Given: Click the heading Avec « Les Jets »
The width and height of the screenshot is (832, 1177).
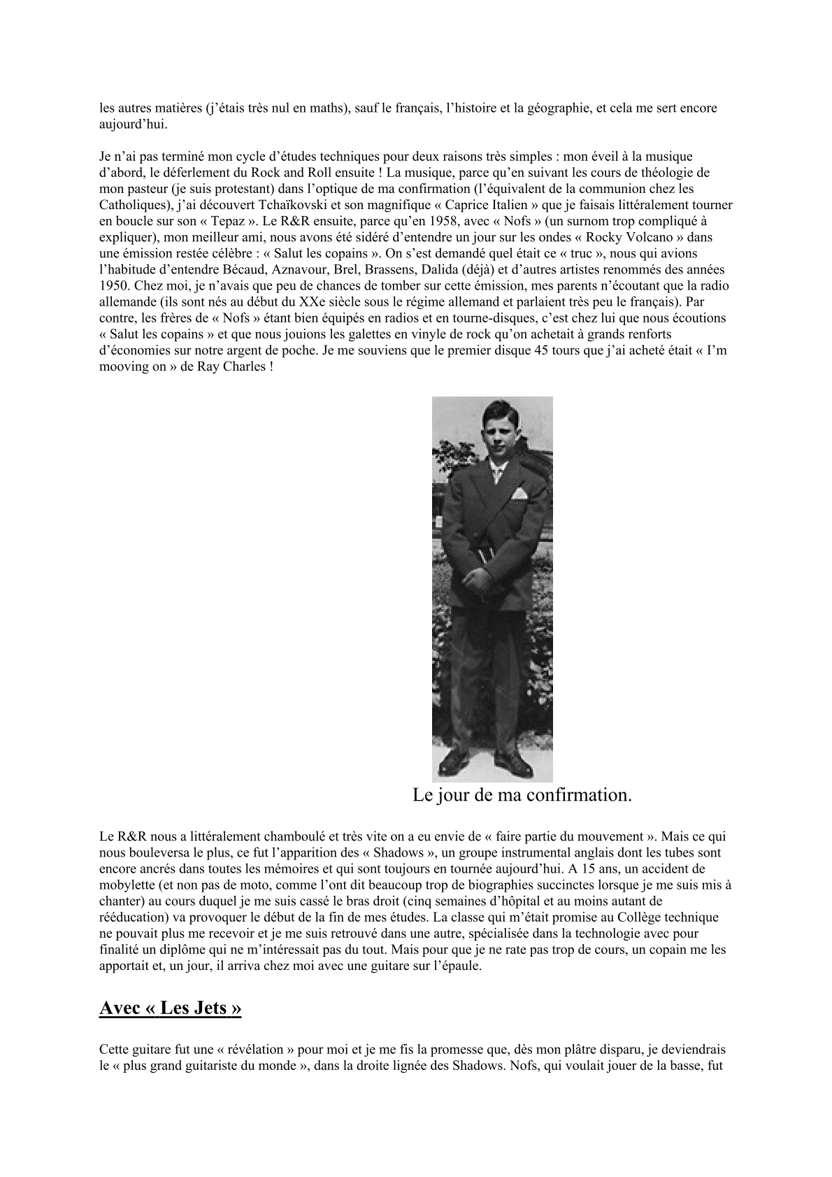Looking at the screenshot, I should (x=171, y=1009).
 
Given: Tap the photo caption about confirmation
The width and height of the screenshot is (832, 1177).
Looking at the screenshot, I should (x=522, y=795).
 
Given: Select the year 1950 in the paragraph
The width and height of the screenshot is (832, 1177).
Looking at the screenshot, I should (x=113, y=285).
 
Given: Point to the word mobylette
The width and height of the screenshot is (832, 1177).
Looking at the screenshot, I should (x=129, y=885).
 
